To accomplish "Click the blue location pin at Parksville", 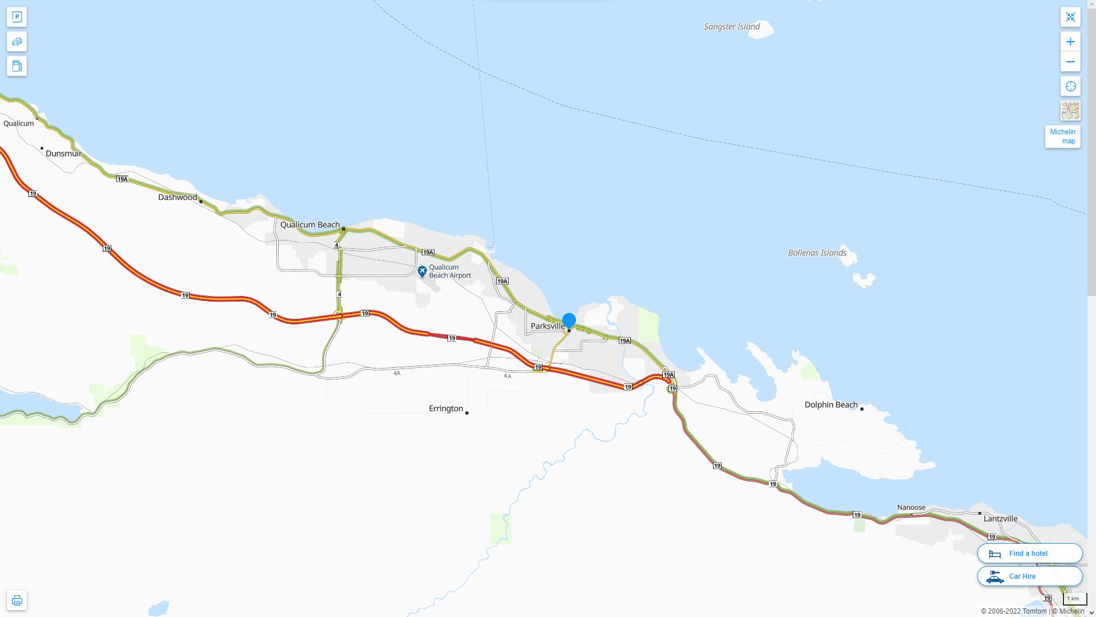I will pos(569,320).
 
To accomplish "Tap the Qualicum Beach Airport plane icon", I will pos(422,271).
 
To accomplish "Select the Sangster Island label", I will pos(731,26).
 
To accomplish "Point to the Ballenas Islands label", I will pos(817,253).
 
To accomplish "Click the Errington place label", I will pos(446,408).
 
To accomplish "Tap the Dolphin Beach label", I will pos(831,404).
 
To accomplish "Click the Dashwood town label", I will pos(178,197).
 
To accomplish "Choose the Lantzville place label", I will pos(1000,519).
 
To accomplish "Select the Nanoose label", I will pos(911,507).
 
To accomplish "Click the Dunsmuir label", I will pos(63,153).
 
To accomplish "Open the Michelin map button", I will pos(1062,137).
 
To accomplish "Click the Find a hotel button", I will pos(1029,553).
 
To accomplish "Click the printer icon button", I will pos(17,600).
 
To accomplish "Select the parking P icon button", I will pos(17,17).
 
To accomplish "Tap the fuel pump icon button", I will pos(17,66).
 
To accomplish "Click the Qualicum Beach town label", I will pos(310,225).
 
